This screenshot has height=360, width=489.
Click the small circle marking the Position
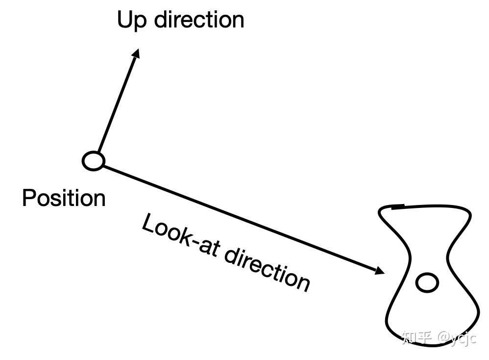[93, 161]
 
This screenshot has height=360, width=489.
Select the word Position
[64, 199]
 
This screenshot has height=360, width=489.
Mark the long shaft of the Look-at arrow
[235, 216]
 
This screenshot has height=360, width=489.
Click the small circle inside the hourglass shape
[427, 283]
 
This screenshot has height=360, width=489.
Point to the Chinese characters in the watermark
[416, 337]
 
